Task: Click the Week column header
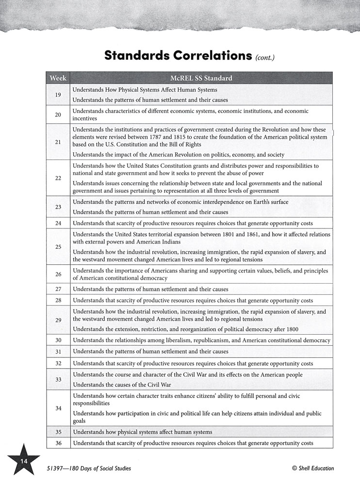click(x=58, y=78)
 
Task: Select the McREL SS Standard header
click(x=201, y=78)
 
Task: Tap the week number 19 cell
click(x=58, y=95)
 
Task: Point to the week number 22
click(x=58, y=178)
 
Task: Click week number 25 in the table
click(x=58, y=247)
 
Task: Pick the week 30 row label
click(x=58, y=340)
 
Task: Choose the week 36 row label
click(x=58, y=443)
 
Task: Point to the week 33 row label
click(x=58, y=379)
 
